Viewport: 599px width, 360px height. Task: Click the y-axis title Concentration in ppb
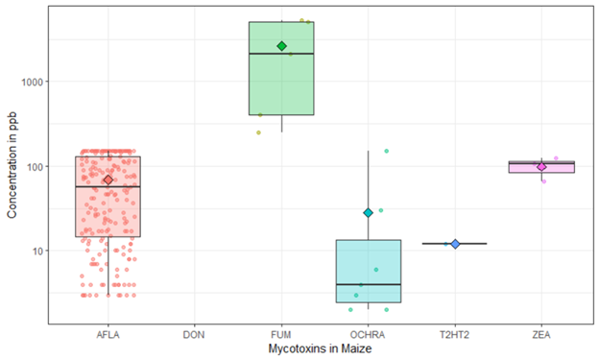pyautogui.click(x=12, y=166)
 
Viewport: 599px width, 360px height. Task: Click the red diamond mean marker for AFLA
pyautogui.click(x=108, y=180)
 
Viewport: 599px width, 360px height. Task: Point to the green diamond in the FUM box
pyautogui.click(x=281, y=46)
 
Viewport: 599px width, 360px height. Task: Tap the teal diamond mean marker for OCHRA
pyautogui.click(x=368, y=212)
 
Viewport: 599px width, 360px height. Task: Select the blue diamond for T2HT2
pyautogui.click(x=455, y=244)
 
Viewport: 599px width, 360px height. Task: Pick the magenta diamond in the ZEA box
pyautogui.click(x=541, y=166)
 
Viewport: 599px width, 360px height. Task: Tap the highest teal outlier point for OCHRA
pyautogui.click(x=387, y=151)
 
